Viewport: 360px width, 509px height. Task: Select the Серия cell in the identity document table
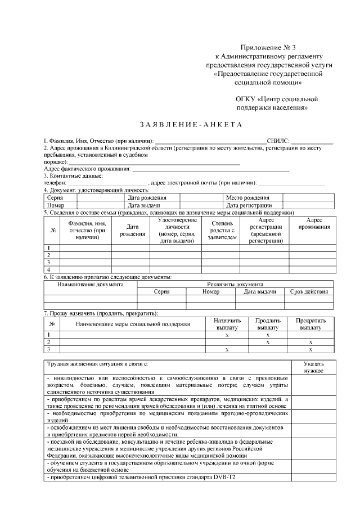tap(55, 198)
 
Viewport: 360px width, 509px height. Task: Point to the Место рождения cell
tap(247, 198)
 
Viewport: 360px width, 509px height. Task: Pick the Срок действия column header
tap(309, 292)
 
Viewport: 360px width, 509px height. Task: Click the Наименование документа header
tap(91, 284)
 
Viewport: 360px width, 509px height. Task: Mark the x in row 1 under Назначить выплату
tap(227, 335)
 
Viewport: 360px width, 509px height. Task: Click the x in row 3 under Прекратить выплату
tap(310, 349)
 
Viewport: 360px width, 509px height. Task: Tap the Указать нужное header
tap(313, 367)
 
